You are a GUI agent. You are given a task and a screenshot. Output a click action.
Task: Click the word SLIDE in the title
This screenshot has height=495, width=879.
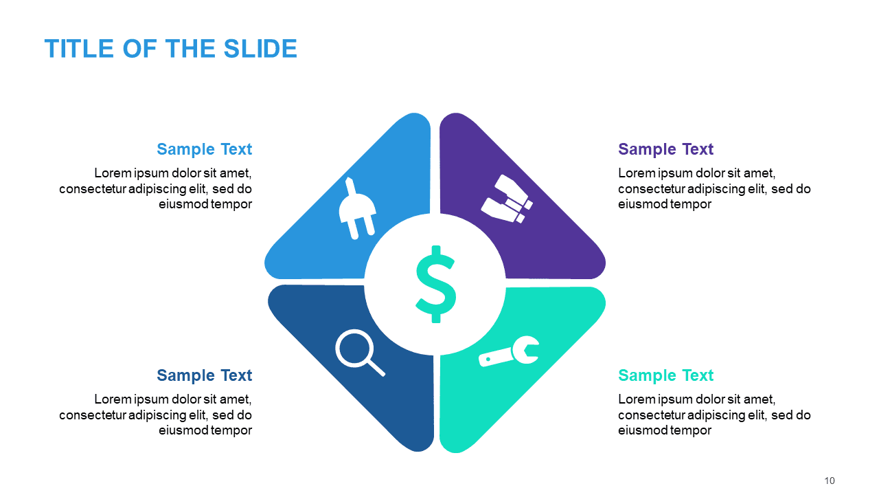pos(260,49)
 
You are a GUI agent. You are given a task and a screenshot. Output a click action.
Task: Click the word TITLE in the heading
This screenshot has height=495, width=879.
pos(79,49)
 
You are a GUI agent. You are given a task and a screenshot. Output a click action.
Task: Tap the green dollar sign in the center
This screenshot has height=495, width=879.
pos(435,284)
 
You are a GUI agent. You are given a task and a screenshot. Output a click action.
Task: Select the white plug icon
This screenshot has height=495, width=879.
pos(357,208)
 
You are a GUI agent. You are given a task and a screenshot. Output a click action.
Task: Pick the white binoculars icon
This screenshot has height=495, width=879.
pos(507,199)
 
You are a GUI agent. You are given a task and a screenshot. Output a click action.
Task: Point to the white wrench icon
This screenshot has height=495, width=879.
pos(509,351)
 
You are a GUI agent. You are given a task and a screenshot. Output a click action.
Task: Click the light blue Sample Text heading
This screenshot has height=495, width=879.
pos(204,149)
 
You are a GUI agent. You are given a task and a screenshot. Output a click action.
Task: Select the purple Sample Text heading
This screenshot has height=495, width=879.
pos(665,149)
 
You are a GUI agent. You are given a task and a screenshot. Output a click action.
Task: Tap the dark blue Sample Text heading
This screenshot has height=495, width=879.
pos(204,375)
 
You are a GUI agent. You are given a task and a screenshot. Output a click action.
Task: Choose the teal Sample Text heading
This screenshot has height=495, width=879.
pos(665,375)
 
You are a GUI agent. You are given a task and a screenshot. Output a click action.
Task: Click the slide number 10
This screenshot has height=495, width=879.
pos(829,481)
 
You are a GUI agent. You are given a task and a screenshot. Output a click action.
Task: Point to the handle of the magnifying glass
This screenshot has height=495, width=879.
pos(376,368)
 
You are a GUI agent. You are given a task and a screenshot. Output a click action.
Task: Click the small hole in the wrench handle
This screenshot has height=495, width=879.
pos(488,359)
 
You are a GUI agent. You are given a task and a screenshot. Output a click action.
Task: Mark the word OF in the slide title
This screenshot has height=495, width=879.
pos(140,49)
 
